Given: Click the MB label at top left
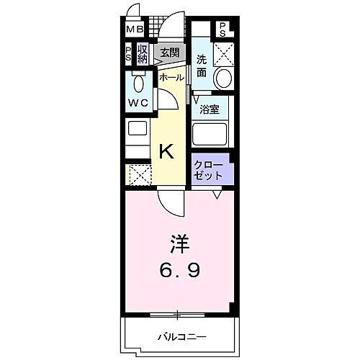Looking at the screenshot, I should click(134, 30).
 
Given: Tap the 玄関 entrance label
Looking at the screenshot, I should click(169, 53).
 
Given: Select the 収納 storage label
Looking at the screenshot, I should click(143, 54).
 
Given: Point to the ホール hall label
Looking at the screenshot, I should click(171, 77).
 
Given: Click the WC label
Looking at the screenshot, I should click(138, 103).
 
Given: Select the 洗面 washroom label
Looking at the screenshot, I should click(203, 66).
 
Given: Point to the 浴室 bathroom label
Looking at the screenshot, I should click(210, 111).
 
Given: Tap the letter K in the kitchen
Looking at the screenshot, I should click(166, 151).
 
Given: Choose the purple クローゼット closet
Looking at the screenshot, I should click(210, 170).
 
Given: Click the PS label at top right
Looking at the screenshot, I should click(223, 30).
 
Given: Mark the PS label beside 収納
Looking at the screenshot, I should click(129, 54).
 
